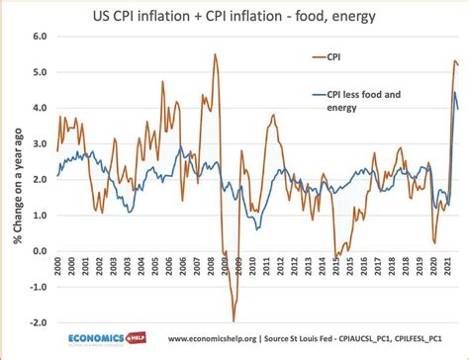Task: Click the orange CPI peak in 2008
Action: pos(215,54)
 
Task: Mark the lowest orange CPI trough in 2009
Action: pos(234,320)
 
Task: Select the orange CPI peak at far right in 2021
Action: pos(454,61)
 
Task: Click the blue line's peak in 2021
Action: pos(454,93)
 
